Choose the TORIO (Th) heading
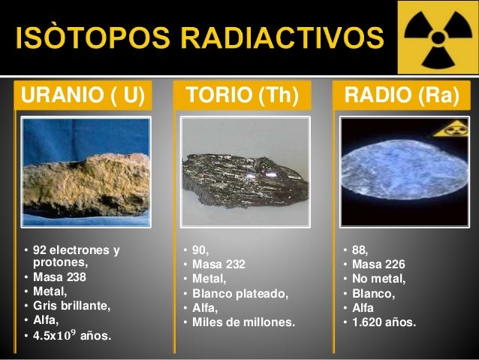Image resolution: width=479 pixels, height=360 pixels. pos(243,96)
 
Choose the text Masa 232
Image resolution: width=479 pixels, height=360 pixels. pos(218,264)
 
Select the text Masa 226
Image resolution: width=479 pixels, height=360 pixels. pos(378,264)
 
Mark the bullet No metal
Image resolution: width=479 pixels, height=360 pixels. pos(378,279)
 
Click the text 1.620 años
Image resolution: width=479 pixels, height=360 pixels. pos(384,322)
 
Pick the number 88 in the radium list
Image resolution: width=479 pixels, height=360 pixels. pos(359,250)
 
